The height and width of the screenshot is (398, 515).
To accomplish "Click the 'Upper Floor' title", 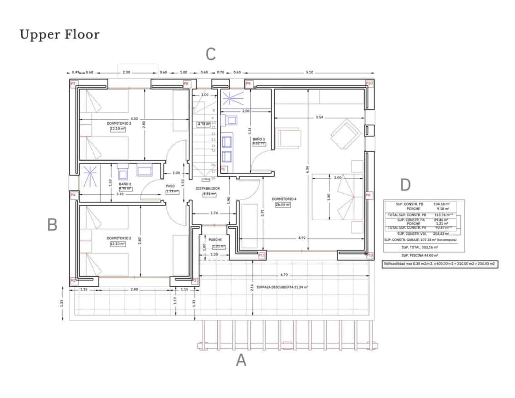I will (x=60, y=34).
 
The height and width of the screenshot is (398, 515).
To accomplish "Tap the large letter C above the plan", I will (x=211, y=54).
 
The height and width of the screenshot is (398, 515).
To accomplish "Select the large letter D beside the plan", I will (x=405, y=185).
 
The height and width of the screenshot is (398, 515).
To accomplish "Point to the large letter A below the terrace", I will (x=241, y=360).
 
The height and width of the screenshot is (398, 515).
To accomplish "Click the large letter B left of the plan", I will (x=52, y=225).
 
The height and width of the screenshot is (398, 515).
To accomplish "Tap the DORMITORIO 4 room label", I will (x=284, y=199).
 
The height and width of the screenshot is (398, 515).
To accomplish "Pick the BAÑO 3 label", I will (x=258, y=139).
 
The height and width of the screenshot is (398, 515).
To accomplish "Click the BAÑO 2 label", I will (x=125, y=184).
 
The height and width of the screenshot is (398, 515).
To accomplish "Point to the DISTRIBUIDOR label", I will (x=208, y=188).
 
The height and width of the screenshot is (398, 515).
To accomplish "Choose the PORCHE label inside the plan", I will (x=215, y=240).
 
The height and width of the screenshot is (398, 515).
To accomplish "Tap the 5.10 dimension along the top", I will (x=309, y=72).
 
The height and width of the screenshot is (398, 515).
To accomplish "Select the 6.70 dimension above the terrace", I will (x=284, y=275).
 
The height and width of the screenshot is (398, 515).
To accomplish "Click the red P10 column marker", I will (x=369, y=83).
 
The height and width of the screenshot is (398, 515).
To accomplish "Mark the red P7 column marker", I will (x=73, y=83).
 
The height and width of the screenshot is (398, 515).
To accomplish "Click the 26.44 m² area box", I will (x=283, y=205).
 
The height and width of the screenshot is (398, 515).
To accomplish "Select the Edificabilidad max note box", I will (x=439, y=264).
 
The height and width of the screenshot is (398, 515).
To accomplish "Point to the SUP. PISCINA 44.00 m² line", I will (x=420, y=255).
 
